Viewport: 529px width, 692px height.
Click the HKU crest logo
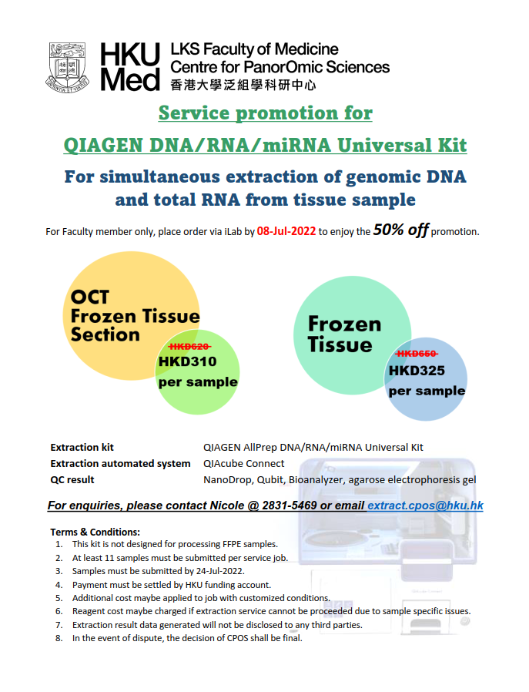[x=68, y=68]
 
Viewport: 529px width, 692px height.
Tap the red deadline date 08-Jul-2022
[x=286, y=231]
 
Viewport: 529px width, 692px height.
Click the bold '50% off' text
[x=400, y=230]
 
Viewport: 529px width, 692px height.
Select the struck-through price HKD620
[x=190, y=347]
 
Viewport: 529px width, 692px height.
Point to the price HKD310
[x=188, y=361]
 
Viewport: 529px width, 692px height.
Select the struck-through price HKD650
[x=417, y=354]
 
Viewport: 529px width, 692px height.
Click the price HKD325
[x=417, y=370]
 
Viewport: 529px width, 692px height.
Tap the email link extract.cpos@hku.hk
[x=425, y=506]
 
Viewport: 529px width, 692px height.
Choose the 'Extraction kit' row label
[x=82, y=448]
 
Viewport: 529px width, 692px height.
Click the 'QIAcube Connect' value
[x=244, y=463]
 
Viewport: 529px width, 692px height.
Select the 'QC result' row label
[x=72, y=480]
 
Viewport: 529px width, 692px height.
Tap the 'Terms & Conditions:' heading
[x=95, y=532]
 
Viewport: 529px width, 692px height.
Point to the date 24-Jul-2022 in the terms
[x=220, y=571]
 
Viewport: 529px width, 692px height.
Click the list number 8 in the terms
[x=59, y=638]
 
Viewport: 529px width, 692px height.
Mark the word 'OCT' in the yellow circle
[x=90, y=297]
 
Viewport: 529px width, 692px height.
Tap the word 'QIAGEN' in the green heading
[x=103, y=145]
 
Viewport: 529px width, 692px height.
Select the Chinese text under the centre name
[x=243, y=85]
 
